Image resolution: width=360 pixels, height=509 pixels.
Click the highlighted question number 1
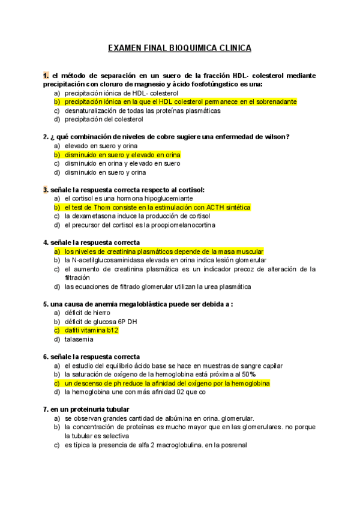pyautogui.click(x=46, y=76)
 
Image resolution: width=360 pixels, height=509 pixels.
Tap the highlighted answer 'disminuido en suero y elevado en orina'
pyautogui.click(x=122, y=155)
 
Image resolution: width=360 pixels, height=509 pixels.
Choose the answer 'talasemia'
pyautogui.click(x=79, y=339)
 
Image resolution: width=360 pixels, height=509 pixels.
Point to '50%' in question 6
pyautogui.click(x=249, y=375)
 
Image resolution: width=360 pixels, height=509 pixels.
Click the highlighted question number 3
pyautogui.click(x=46, y=190)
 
